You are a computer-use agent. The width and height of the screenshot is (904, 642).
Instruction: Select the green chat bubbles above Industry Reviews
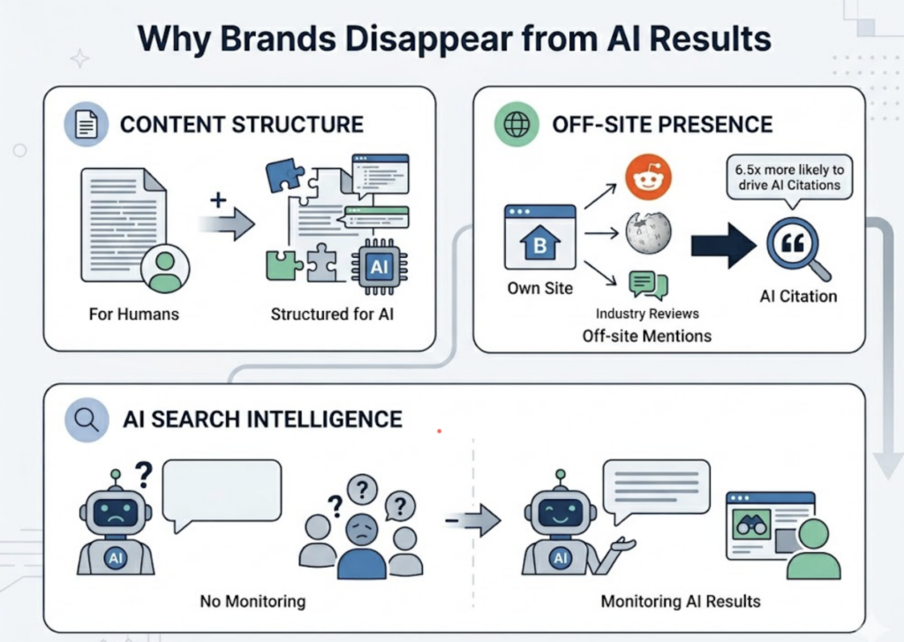click(x=648, y=285)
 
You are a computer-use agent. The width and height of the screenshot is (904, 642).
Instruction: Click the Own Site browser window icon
click(x=539, y=238)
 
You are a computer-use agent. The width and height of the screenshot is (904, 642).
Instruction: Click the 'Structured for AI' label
click(x=333, y=313)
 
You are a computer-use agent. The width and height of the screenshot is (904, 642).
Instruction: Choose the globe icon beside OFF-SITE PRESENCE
click(x=516, y=125)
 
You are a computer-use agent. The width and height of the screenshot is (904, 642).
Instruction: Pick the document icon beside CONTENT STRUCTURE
click(x=86, y=125)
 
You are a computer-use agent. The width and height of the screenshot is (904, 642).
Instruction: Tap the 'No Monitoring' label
click(x=252, y=601)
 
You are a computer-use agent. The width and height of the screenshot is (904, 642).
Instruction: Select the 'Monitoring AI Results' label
click(x=680, y=601)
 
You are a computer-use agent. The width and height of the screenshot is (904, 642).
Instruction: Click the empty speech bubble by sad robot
click(x=222, y=493)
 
